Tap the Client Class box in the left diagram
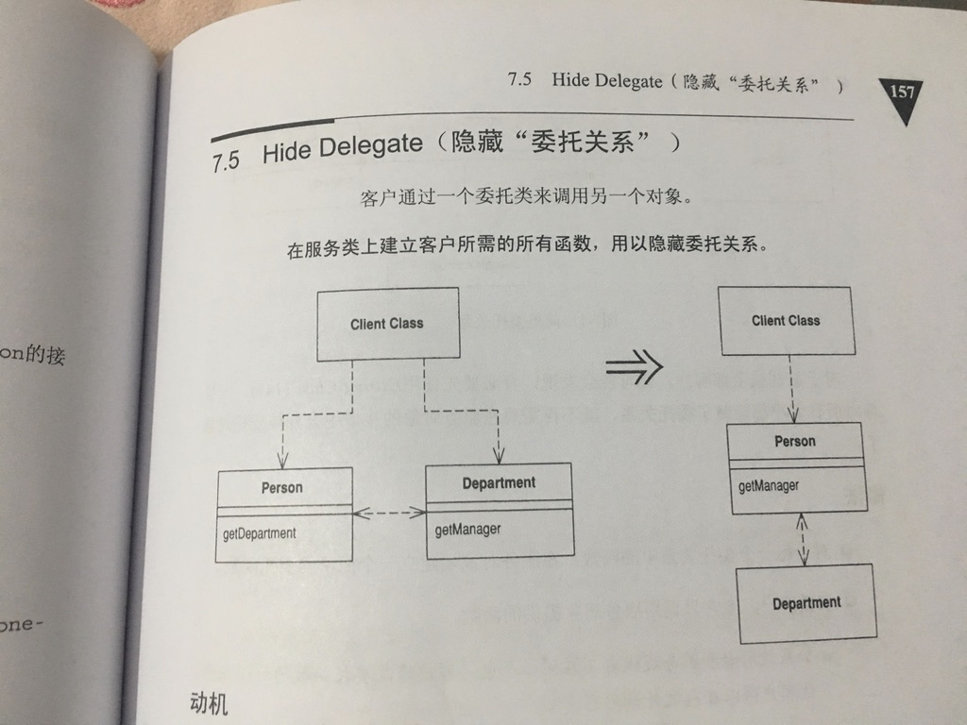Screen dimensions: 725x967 pyautogui.click(x=387, y=324)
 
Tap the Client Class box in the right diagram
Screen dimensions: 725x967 pyautogui.click(x=786, y=321)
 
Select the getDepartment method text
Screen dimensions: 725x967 pyautogui.click(x=259, y=533)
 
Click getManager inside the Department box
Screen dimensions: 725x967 pyautogui.click(x=467, y=529)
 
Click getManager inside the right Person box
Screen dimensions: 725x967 pyautogui.click(x=769, y=486)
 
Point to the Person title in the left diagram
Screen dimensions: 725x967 pyautogui.click(x=282, y=488)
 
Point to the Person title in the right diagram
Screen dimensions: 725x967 pyautogui.click(x=794, y=441)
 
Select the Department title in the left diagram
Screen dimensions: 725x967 pyautogui.click(x=499, y=483)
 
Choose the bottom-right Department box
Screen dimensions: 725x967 pyautogui.click(x=806, y=603)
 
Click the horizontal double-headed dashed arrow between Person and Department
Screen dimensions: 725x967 pyautogui.click(x=389, y=513)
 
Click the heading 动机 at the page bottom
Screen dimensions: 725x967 pyautogui.click(x=209, y=703)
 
